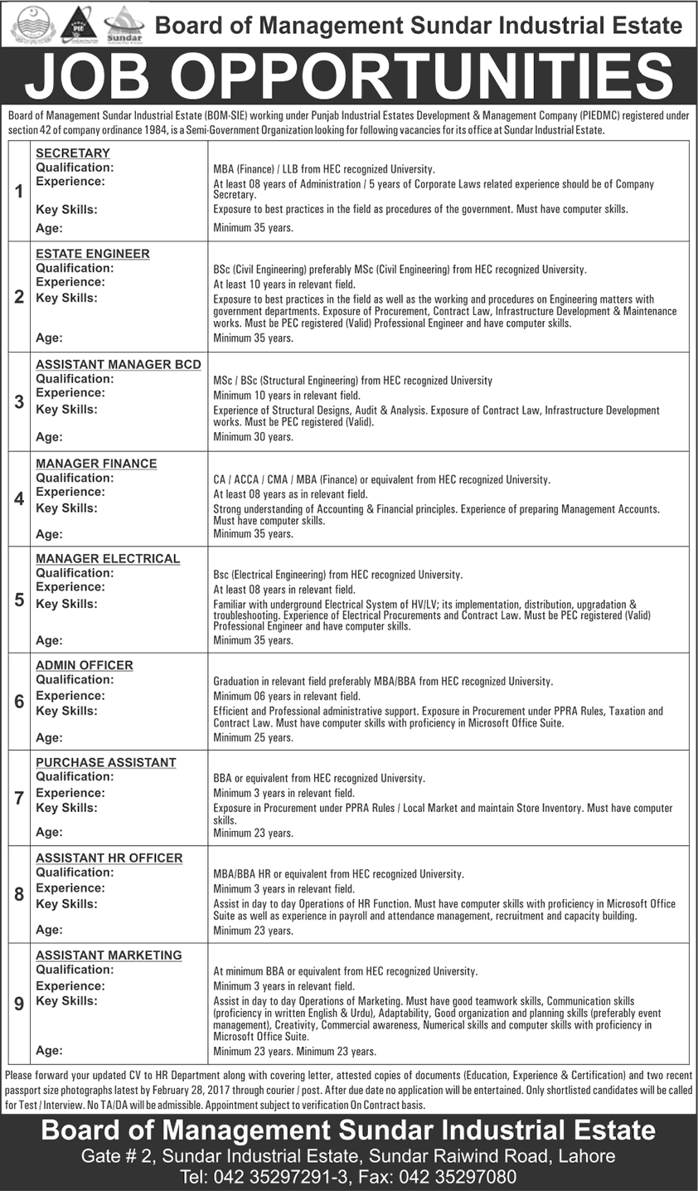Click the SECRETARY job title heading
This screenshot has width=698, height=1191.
point(73,153)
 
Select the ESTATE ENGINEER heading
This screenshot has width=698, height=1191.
point(93,254)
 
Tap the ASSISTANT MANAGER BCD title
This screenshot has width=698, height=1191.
point(119,364)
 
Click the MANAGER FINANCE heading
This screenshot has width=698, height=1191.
point(96,464)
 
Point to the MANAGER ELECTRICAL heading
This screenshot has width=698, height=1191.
point(108,559)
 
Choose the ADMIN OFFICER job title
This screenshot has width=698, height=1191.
point(85,665)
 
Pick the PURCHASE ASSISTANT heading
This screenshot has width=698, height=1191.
point(106,762)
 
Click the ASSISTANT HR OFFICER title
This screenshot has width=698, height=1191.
point(109,858)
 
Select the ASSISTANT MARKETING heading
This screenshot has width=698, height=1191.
point(109,955)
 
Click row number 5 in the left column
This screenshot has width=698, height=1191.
point(18,599)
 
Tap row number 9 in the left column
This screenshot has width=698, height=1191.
point(18,1004)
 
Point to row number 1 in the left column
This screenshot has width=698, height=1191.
point(18,192)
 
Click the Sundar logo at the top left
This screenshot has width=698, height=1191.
point(124,24)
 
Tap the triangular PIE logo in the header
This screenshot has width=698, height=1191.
point(79,24)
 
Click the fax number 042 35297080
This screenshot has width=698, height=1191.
point(468,1176)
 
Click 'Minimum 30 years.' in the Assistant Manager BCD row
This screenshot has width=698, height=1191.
point(253,436)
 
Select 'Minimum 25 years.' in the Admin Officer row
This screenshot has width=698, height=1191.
point(253,736)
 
